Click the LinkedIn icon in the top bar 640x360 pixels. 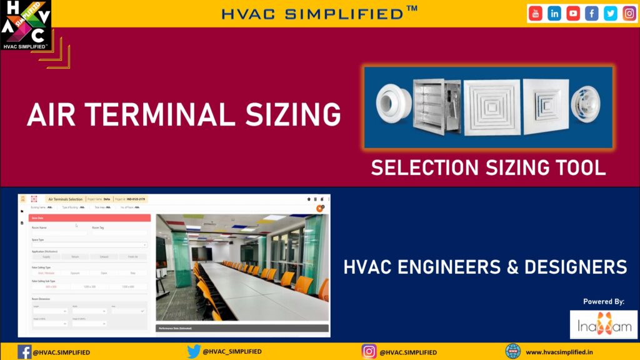(554, 13)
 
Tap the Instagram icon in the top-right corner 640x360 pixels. (629, 13)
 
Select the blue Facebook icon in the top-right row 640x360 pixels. (592, 13)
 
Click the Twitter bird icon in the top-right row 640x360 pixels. (610, 13)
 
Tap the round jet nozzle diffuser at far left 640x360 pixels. (394, 106)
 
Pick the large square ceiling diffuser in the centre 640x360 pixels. (491, 106)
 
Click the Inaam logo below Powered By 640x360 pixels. (604, 324)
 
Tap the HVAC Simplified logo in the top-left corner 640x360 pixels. (26, 25)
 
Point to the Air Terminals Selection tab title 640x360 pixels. (65, 199)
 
